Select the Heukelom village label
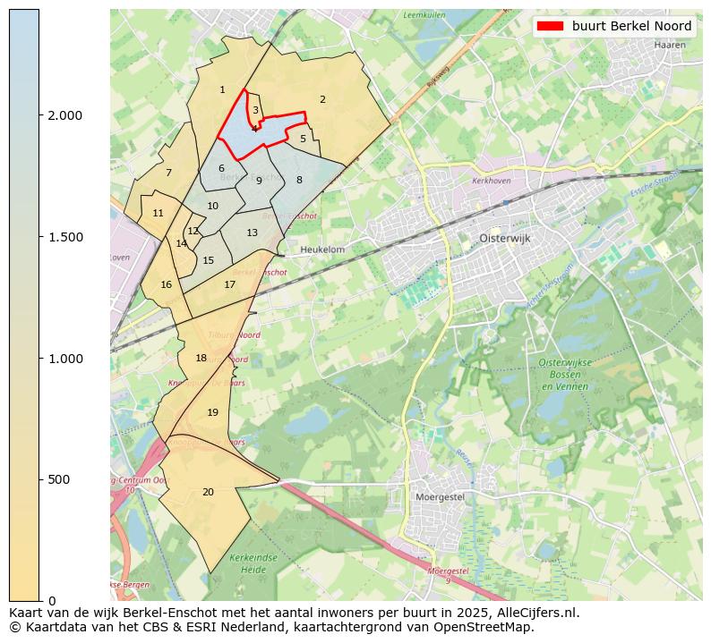coord(322,250)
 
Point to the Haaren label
coord(669,44)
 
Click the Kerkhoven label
coord(490,181)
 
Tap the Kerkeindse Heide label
coord(248,563)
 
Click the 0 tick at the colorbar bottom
coord(52,600)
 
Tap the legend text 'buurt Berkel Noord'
coord(631,26)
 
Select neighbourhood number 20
coord(208,492)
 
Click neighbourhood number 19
coord(212,412)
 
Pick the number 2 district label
coord(322,99)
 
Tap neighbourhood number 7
coord(168,173)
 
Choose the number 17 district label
coord(230,284)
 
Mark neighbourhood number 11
coord(158,213)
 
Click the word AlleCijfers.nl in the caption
coord(535,613)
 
